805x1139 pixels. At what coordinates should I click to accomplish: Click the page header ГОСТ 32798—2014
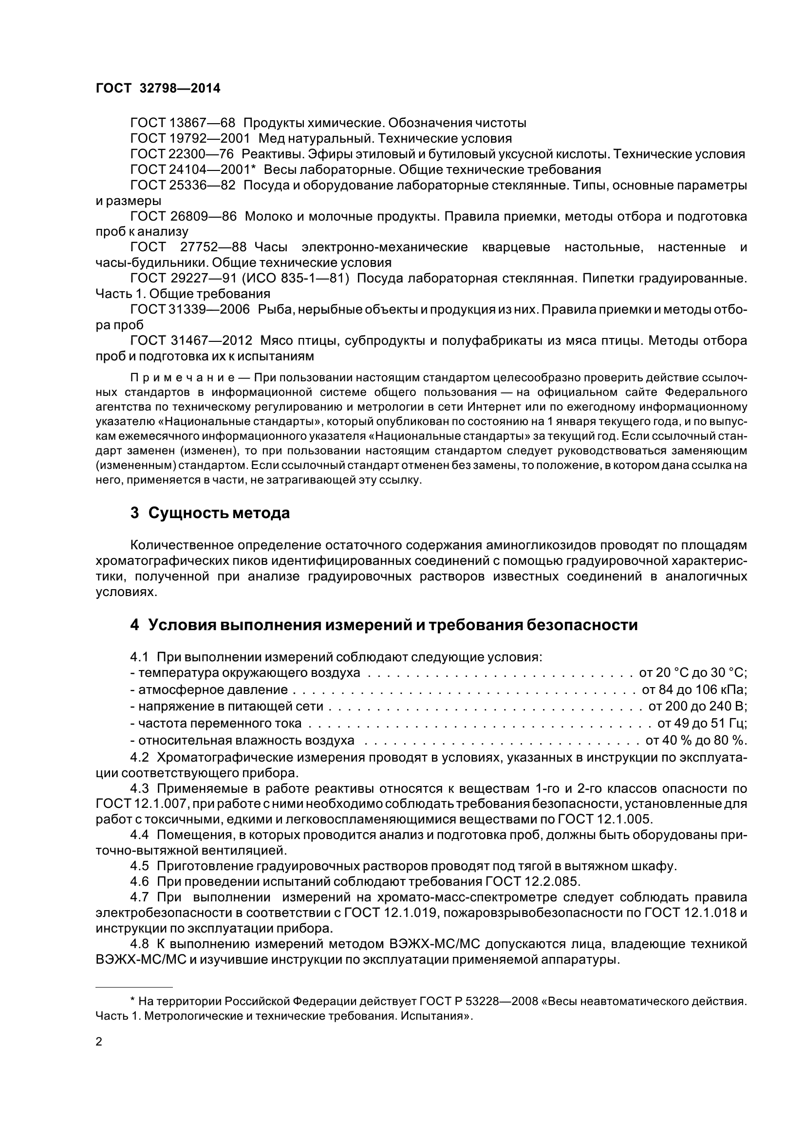[x=158, y=88]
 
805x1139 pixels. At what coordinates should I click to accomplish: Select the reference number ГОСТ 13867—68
[x=183, y=123]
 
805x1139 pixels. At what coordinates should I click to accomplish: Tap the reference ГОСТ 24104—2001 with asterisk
[x=192, y=169]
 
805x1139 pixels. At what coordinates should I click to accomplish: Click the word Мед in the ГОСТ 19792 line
[x=271, y=138]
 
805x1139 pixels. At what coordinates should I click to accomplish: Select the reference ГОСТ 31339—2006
[x=190, y=310]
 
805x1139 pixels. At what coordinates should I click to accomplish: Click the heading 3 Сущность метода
[x=210, y=513]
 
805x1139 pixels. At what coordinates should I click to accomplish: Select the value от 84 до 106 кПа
[x=694, y=690]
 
